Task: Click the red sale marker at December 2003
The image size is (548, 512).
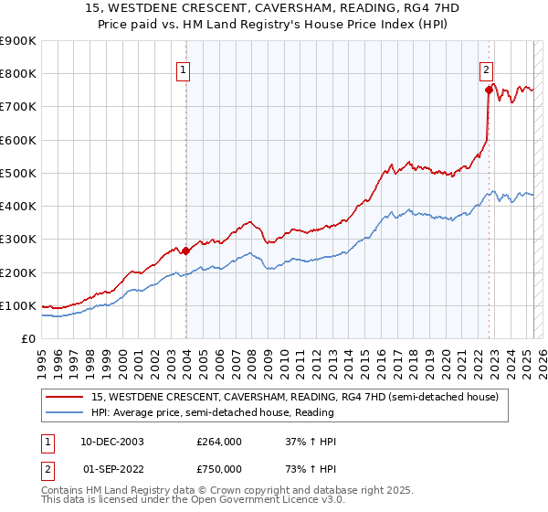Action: [x=185, y=251]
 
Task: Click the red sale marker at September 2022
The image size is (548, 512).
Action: [x=489, y=90]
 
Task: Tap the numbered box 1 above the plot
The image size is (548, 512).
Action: [x=184, y=69]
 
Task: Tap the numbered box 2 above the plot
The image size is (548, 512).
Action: [x=487, y=69]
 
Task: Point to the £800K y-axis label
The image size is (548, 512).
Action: [x=18, y=74]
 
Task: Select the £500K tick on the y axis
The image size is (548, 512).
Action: [x=18, y=173]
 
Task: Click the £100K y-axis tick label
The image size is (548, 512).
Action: [x=18, y=305]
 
